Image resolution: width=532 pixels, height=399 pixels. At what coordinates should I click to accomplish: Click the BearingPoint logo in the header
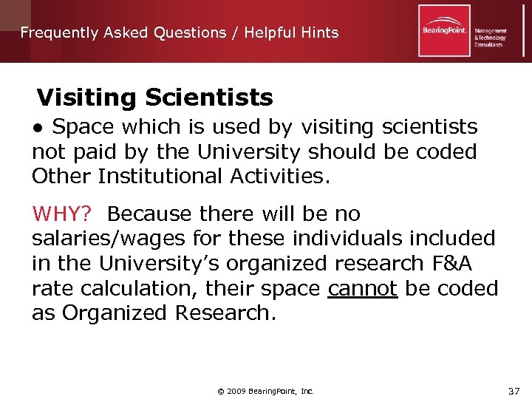443,31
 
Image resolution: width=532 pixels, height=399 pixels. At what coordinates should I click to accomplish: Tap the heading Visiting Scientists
154,98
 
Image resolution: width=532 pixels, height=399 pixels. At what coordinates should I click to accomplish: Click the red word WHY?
62,214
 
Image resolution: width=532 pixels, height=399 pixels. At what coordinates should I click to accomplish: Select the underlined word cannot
363,288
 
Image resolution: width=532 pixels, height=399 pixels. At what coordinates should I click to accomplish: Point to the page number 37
514,391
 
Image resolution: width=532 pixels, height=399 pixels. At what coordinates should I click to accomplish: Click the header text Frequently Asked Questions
123,33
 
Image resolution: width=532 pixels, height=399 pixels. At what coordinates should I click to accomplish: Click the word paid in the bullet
90,152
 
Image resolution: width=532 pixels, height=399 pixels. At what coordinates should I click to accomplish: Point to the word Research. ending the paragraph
225,313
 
